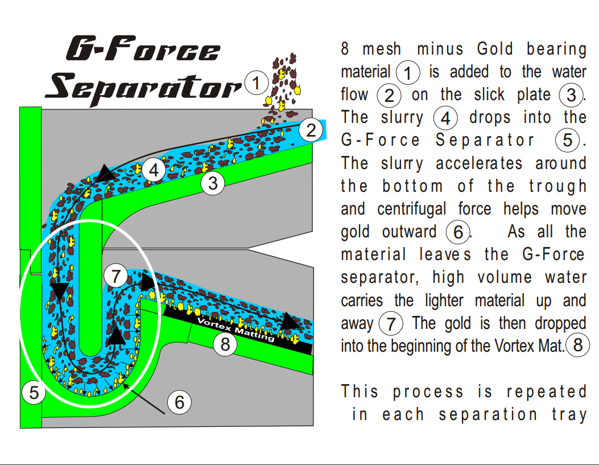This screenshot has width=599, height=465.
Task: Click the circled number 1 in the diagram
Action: (x=257, y=83)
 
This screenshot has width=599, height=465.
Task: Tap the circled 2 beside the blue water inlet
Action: (x=311, y=130)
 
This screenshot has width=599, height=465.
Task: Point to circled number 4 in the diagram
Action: (x=154, y=170)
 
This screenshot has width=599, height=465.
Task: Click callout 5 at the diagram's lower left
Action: (x=34, y=393)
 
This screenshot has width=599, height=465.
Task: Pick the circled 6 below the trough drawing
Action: (x=179, y=402)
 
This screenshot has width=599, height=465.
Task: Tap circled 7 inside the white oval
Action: (x=116, y=277)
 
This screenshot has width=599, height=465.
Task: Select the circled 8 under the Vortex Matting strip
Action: (x=226, y=344)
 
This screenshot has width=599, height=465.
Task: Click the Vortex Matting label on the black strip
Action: (x=236, y=330)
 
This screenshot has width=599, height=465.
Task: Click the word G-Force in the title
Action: (x=142, y=50)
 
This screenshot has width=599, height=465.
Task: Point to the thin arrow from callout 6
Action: (x=147, y=400)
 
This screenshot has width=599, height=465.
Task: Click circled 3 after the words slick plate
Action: (x=571, y=95)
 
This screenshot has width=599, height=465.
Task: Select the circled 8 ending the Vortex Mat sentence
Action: (x=578, y=345)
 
